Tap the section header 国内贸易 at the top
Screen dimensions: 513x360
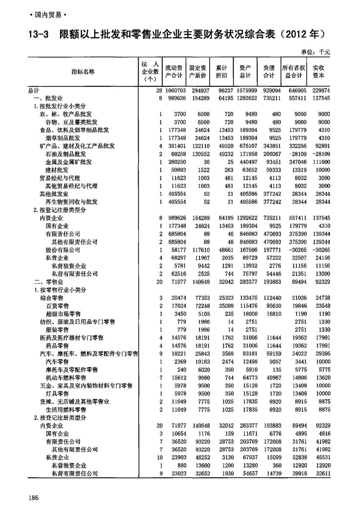tap(48, 15)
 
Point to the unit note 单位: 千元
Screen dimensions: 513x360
tap(315, 52)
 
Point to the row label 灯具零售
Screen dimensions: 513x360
tap(60, 393)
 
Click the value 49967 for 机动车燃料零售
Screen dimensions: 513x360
tap(270, 377)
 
